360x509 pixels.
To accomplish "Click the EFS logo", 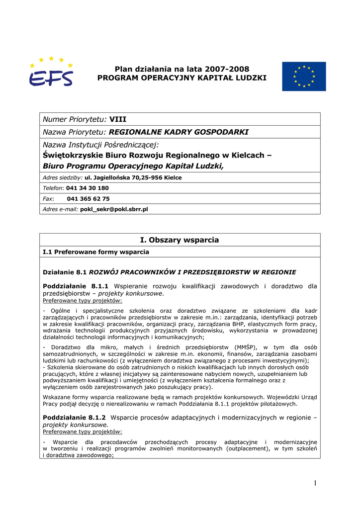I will (51, 73).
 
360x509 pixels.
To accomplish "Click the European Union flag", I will (304, 76).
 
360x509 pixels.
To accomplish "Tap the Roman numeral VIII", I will (118, 119).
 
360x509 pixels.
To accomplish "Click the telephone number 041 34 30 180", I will (87, 188).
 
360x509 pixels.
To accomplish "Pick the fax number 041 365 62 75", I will (88, 198).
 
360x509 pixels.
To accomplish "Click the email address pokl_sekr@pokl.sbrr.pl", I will (114, 209).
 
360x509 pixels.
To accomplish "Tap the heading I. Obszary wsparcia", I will (180, 240).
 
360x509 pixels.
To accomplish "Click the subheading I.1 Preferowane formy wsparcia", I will (96, 252).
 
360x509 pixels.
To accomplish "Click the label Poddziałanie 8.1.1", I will (76, 286).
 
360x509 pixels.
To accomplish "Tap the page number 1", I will (315, 483).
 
